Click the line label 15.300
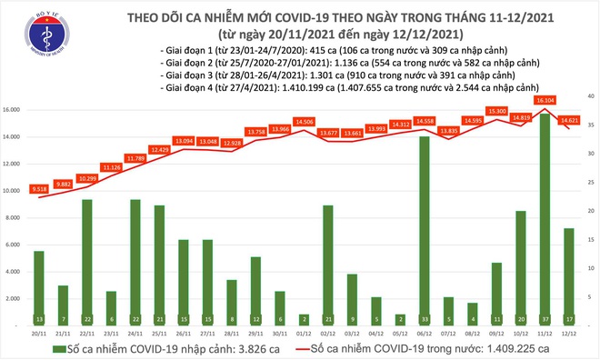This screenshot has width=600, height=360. click(x=497, y=111)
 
